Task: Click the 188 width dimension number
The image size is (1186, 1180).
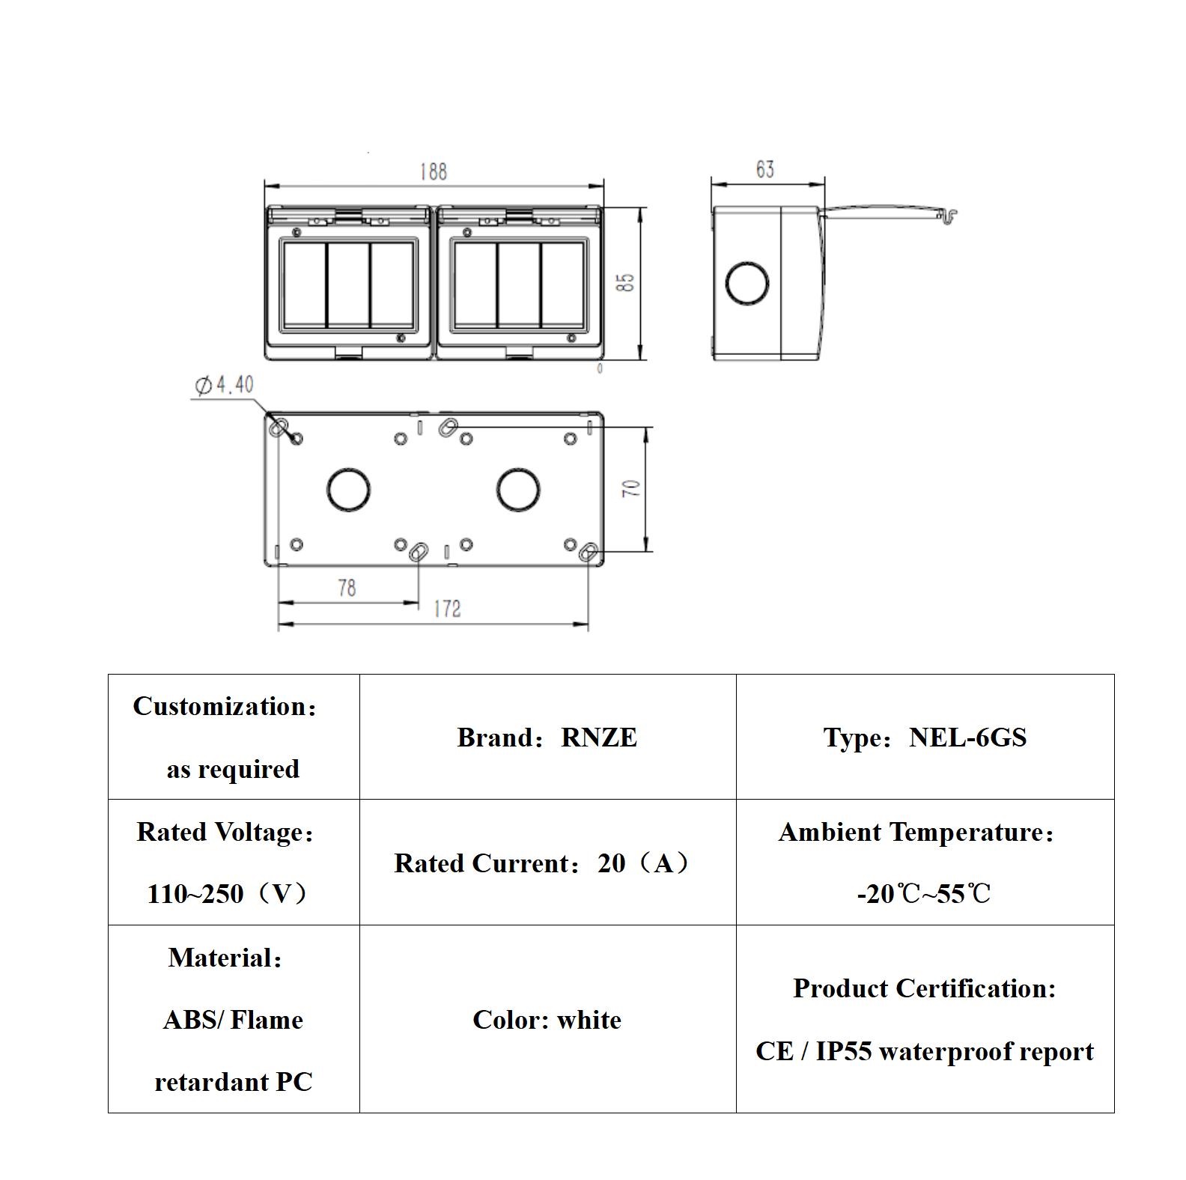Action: tap(433, 171)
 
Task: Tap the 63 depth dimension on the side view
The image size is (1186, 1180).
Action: tap(764, 170)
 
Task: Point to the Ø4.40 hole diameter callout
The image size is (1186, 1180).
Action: tap(225, 385)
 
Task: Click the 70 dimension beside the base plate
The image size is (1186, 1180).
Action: tap(633, 488)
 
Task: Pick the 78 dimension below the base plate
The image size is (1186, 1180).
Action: tap(347, 588)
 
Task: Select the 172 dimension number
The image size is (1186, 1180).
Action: tap(447, 609)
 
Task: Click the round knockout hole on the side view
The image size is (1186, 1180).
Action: tap(747, 283)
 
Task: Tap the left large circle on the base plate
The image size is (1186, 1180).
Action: tap(348, 490)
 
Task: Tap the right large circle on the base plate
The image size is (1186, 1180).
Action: tap(518, 490)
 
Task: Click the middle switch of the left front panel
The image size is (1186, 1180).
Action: tap(348, 285)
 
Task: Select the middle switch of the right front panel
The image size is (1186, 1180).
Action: tap(518, 285)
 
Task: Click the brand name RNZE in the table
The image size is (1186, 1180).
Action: tap(599, 737)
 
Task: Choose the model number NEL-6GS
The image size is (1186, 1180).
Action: tap(967, 737)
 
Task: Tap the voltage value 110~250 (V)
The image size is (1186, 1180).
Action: tap(228, 894)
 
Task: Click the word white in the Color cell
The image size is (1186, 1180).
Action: tap(589, 1020)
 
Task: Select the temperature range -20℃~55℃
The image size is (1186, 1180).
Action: tap(924, 894)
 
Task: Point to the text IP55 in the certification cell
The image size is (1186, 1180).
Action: tap(843, 1051)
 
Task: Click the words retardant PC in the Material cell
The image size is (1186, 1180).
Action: tap(233, 1082)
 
